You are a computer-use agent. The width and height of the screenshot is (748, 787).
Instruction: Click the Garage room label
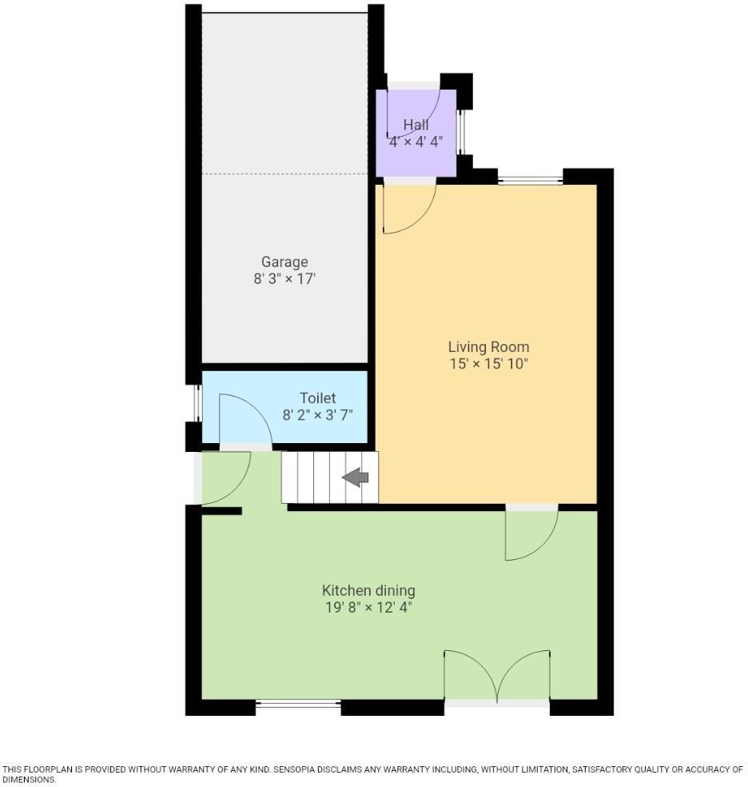[x=284, y=262]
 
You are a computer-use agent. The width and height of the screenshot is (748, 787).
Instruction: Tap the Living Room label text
[x=488, y=346]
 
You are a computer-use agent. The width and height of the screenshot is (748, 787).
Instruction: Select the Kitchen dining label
[x=368, y=590]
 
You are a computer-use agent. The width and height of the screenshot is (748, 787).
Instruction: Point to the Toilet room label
[x=317, y=397]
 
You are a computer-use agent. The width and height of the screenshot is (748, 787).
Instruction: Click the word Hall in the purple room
[x=416, y=125]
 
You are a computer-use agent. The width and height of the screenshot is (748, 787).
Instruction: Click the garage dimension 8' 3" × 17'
[x=284, y=279]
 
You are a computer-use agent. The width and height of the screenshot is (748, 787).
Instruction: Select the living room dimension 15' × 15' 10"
[x=488, y=364]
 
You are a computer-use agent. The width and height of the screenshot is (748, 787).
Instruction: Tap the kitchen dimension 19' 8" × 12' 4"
[x=368, y=608]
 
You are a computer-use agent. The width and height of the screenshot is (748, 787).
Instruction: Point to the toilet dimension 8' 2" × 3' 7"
[x=317, y=415]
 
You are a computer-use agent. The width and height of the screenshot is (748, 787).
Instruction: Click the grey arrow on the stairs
[x=356, y=477]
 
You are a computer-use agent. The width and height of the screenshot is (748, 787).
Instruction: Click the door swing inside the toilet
[x=243, y=419]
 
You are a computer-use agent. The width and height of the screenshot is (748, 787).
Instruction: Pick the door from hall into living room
[x=408, y=207]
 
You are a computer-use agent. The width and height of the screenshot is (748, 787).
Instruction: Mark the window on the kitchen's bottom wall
[x=298, y=704]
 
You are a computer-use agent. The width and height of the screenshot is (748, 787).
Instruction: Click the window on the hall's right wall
[x=460, y=131]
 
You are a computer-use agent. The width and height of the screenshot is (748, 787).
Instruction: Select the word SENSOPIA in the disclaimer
[x=297, y=769]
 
